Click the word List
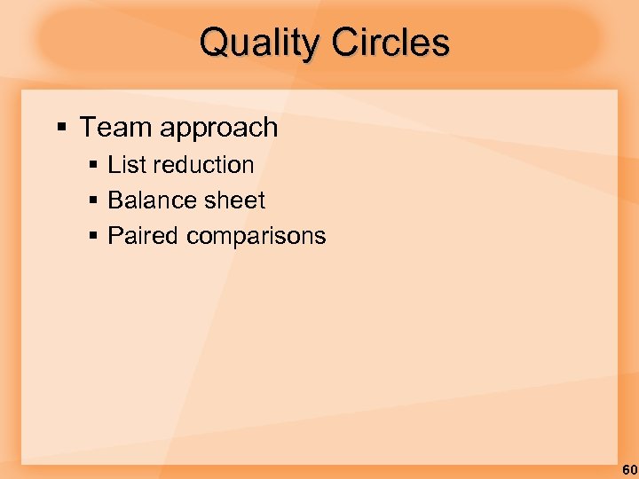[127, 165]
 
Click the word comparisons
[256, 237]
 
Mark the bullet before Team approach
[61, 128]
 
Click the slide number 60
[628, 469]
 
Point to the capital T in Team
[88, 128]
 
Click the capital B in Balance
[114, 200]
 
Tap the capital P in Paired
[114, 236]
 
